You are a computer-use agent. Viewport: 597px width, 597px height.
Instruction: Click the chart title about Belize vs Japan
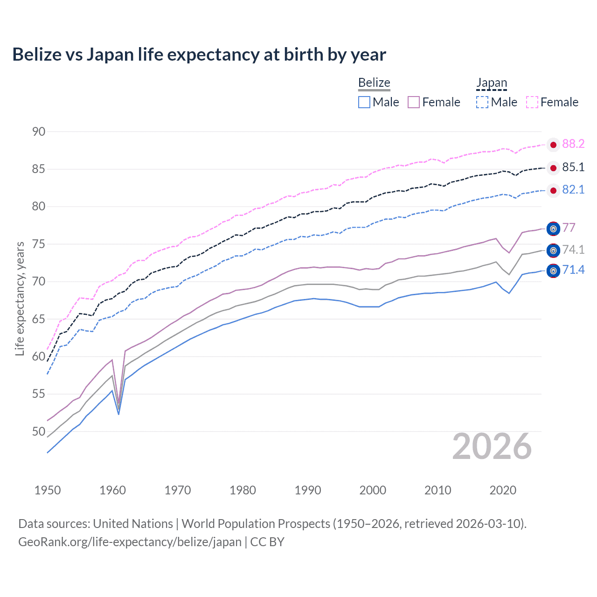[x=199, y=55]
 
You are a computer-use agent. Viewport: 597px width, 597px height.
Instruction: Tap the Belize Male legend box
[x=364, y=102]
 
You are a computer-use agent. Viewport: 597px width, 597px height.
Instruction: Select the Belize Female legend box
[x=414, y=102]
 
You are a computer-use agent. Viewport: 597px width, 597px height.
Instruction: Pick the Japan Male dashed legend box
[x=482, y=102]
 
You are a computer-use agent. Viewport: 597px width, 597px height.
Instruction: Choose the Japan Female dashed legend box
[x=532, y=102]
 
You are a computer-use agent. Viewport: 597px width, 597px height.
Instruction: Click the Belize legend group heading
[x=374, y=83]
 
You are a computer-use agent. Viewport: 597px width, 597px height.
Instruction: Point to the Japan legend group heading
[x=492, y=83]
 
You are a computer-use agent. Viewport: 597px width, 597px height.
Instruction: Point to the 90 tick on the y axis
[x=39, y=132]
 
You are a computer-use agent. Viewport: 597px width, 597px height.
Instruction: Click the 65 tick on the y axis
[x=39, y=319]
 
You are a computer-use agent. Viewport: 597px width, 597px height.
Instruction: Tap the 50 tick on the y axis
[x=39, y=431]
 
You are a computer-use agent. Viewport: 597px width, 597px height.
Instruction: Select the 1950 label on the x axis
[x=48, y=490]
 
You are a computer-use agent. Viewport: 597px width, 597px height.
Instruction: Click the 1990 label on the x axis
[x=308, y=490]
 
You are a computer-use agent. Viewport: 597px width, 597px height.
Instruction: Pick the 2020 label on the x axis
[x=503, y=490]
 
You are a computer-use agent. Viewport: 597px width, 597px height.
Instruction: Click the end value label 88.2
[x=573, y=144]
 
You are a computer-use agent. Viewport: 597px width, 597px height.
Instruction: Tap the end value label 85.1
[x=573, y=167]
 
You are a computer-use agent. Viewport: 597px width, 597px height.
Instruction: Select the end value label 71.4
[x=573, y=270]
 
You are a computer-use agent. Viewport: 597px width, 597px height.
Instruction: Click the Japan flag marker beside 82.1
[x=553, y=190]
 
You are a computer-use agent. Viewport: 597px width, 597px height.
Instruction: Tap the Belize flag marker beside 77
[x=553, y=229]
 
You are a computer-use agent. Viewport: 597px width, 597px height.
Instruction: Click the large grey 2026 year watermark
[x=492, y=446]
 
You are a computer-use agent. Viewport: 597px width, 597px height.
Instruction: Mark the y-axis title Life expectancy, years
[x=20, y=298]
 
